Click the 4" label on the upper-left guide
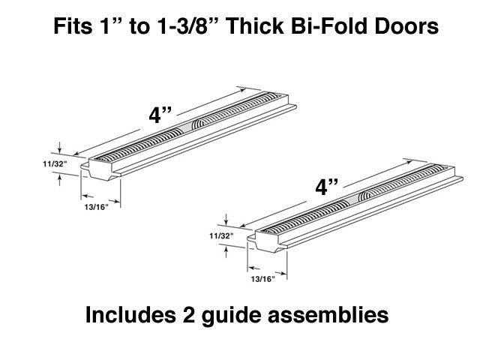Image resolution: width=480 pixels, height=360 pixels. tap(160, 116)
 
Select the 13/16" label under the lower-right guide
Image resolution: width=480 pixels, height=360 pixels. tap(262, 279)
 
